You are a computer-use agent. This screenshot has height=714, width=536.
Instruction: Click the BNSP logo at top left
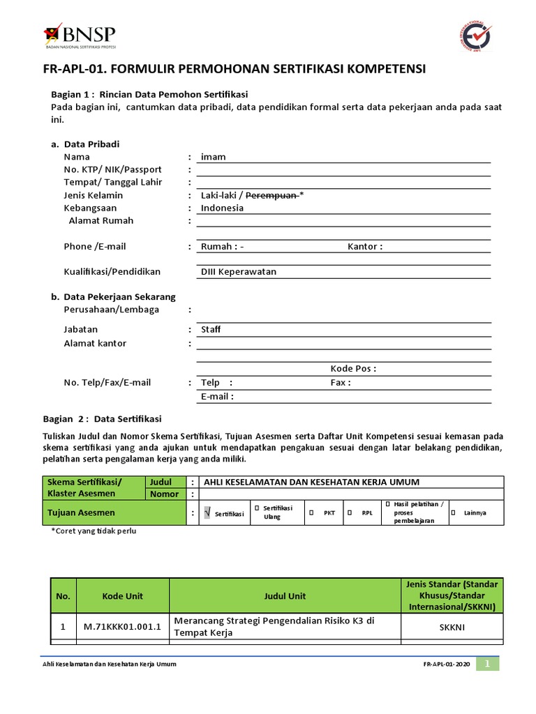[80, 35]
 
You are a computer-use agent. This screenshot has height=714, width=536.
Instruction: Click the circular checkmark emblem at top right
[472, 36]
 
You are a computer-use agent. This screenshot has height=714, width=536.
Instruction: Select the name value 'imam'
[214, 157]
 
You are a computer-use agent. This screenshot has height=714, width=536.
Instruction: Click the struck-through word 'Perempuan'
[272, 195]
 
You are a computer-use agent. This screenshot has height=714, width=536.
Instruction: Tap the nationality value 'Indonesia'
[222, 208]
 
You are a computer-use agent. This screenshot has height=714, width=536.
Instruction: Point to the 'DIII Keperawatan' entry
[239, 272]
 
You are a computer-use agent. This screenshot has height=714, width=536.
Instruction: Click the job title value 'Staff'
[211, 329]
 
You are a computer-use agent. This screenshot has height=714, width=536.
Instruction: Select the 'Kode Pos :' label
[353, 369]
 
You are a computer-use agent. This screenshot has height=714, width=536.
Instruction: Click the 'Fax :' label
[341, 382]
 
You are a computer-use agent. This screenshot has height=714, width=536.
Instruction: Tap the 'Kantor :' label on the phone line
[365, 246]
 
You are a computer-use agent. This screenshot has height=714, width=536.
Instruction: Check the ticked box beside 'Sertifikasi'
[207, 513]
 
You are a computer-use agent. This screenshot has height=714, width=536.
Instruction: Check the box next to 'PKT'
[311, 512]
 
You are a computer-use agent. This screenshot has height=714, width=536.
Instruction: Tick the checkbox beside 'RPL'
[350, 512]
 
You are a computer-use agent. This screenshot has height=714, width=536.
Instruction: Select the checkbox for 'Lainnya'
[452, 512]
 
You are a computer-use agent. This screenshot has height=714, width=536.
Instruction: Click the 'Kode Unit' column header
[122, 596]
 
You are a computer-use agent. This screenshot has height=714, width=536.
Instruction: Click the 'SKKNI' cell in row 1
[452, 627]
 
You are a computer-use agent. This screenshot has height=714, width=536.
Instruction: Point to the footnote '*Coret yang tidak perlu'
[94, 531]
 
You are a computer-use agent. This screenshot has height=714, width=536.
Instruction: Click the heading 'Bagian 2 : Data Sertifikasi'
[102, 419]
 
